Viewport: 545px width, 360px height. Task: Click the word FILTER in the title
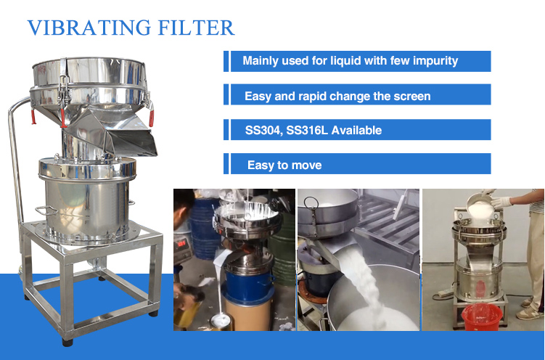tap(194, 28)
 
